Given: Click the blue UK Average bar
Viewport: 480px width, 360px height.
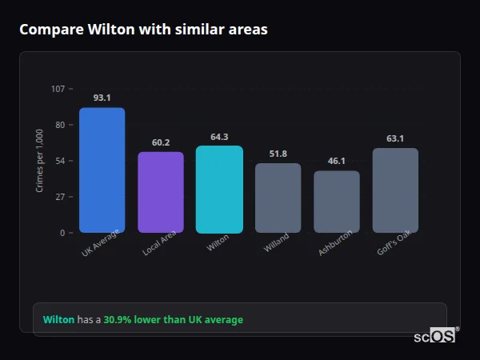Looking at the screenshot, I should pyautogui.click(x=102, y=170).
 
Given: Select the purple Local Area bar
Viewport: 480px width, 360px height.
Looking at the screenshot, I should pyautogui.click(x=161, y=192).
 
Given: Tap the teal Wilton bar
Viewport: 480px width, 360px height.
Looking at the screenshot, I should pyautogui.click(x=219, y=189).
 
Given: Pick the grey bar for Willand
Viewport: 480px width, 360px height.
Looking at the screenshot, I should pyautogui.click(x=278, y=198).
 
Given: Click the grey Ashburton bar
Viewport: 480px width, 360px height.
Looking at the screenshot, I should pyautogui.click(x=337, y=202).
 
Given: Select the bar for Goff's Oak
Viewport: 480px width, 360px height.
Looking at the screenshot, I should pyautogui.click(x=395, y=190).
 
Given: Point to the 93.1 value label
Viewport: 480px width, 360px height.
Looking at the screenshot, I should pyautogui.click(x=102, y=98).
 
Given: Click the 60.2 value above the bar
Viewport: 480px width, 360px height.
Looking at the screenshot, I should pyautogui.click(x=161, y=142).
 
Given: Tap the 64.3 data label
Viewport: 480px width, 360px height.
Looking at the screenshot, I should pyautogui.click(x=219, y=137).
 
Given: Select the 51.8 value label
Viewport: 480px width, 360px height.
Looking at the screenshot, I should pyautogui.click(x=278, y=154).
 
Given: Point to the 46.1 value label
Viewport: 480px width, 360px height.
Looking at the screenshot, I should pyautogui.click(x=337, y=161).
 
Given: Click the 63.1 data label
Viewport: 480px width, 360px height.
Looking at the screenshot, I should pyautogui.click(x=395, y=138).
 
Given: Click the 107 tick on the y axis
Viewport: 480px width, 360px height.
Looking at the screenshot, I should pyautogui.click(x=58, y=89).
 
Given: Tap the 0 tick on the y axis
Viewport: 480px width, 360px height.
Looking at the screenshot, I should pyautogui.click(x=62, y=233).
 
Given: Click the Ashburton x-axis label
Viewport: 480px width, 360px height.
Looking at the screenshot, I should pyautogui.click(x=334, y=244).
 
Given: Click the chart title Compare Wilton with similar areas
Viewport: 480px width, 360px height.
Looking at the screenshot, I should pyautogui.click(x=143, y=30).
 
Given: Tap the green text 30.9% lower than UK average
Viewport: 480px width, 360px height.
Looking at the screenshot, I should pyautogui.click(x=173, y=320).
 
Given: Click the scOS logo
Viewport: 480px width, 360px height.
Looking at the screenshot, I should pyautogui.click(x=434, y=336).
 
